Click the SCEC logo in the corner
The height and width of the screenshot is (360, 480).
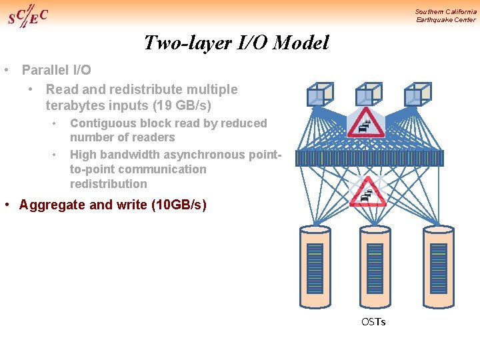(x=27, y=16)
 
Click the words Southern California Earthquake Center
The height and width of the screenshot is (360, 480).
(x=445, y=15)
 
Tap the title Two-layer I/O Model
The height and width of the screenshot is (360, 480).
(x=237, y=43)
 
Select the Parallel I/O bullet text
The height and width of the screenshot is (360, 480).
(x=57, y=70)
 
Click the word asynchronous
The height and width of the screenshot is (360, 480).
(x=204, y=155)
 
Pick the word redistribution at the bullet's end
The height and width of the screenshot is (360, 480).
(x=109, y=184)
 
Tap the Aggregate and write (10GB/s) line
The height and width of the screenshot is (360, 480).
(x=113, y=205)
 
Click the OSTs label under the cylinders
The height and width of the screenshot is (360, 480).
(x=373, y=322)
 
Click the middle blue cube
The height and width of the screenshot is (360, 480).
(x=368, y=94)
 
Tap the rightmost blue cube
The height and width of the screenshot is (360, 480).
(x=418, y=94)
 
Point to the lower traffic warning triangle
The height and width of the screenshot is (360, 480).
(x=367, y=192)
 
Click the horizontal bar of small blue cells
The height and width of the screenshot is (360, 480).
(x=369, y=158)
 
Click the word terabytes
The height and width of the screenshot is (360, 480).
(x=73, y=105)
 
